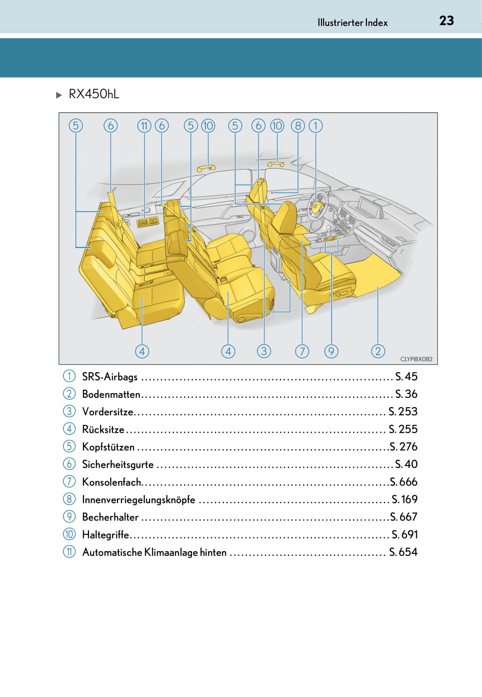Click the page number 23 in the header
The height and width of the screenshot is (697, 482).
(447, 21)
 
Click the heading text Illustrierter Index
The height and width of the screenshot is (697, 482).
(352, 23)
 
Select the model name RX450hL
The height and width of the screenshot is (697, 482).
(94, 94)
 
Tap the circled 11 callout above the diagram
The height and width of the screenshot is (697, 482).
(144, 126)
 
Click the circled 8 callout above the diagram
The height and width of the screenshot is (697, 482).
(298, 126)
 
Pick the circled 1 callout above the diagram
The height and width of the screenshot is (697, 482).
(316, 126)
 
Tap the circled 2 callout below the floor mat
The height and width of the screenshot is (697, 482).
(378, 351)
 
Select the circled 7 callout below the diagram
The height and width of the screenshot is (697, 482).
(302, 351)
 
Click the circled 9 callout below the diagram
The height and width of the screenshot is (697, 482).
(331, 351)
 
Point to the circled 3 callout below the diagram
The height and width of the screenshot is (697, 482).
(264, 351)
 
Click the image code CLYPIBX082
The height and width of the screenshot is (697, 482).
(416, 359)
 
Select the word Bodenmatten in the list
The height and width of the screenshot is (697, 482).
(111, 394)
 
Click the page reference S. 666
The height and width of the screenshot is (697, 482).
(403, 482)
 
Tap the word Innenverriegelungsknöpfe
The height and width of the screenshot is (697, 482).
(139, 500)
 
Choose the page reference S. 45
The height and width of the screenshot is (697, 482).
(406, 376)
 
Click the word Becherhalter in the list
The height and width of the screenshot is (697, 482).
(110, 517)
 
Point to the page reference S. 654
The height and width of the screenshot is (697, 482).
(403, 552)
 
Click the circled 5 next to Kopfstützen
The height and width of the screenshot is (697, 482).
(69, 446)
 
